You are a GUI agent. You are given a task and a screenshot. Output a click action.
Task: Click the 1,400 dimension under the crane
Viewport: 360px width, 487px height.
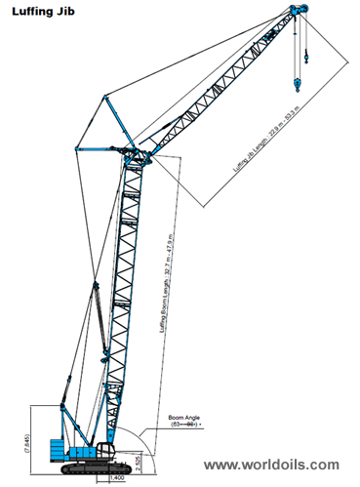point(116,478)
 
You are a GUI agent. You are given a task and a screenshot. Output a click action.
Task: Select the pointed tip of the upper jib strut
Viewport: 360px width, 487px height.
point(106,95)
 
